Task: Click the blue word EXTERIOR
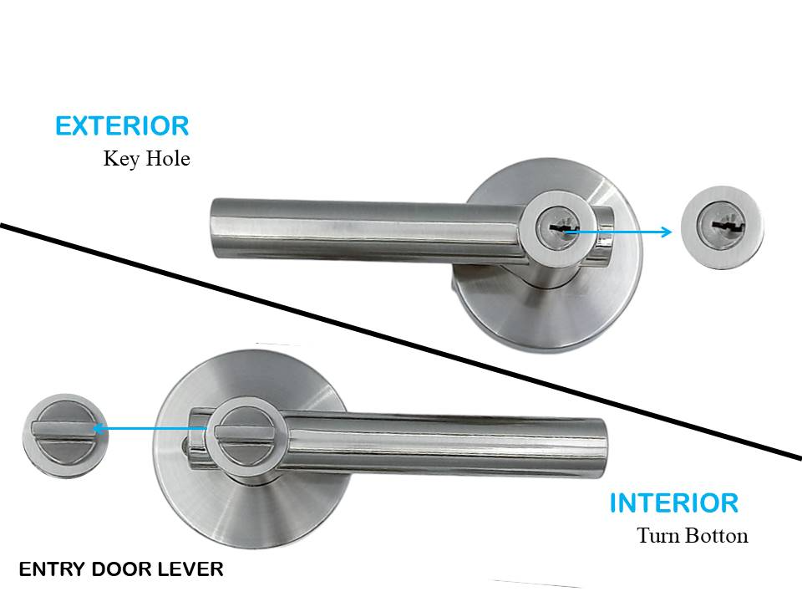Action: [x=122, y=126]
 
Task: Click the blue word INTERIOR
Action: [x=673, y=503]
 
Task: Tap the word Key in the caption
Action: [x=120, y=158]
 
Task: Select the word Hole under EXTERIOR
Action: [x=168, y=158]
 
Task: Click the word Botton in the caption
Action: [x=718, y=535]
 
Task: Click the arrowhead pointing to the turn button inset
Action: [x=99, y=430]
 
